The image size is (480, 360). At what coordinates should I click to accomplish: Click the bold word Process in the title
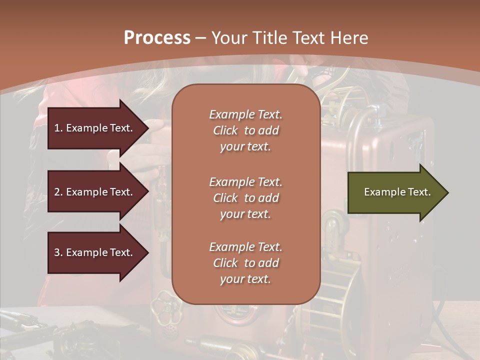point(157,37)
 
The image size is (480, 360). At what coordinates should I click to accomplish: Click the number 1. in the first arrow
point(58,128)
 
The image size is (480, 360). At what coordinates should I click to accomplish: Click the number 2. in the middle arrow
point(58,192)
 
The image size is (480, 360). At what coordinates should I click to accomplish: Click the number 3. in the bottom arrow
point(58,252)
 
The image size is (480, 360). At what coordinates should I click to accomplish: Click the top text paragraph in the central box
point(245,130)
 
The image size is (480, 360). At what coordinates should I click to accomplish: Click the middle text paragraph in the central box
point(245,198)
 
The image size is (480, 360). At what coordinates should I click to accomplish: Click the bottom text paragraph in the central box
point(245,263)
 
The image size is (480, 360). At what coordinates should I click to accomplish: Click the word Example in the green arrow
point(380,192)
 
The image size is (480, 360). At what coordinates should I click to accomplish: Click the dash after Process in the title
point(201,38)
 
